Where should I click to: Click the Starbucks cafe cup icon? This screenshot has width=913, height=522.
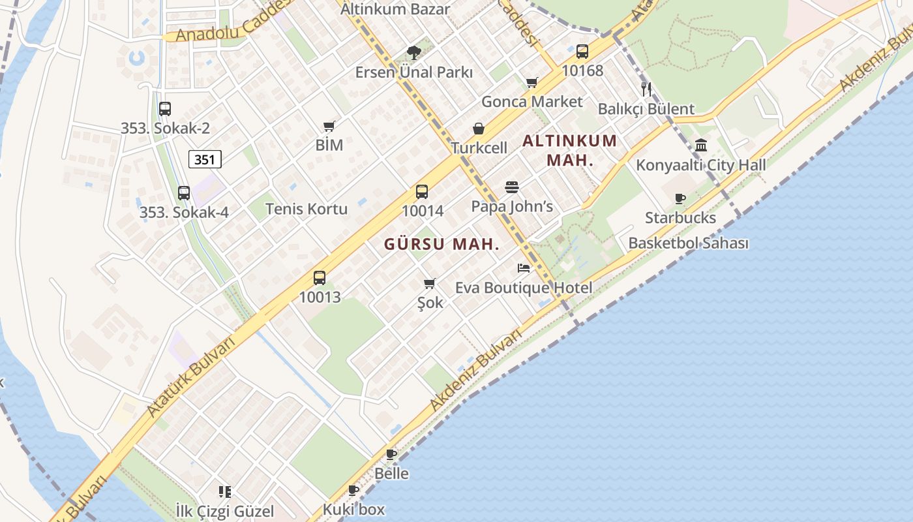(680, 198)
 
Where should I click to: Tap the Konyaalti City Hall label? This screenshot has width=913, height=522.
(700, 165)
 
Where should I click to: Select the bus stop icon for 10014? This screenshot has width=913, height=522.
(422, 192)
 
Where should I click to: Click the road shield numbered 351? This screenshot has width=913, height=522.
(205, 159)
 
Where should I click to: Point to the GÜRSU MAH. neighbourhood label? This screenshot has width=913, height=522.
(442, 245)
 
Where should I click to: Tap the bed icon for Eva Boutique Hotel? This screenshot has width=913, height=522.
(524, 268)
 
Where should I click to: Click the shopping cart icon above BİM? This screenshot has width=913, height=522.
(329, 126)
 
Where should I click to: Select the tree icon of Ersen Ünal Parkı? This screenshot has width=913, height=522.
(413, 53)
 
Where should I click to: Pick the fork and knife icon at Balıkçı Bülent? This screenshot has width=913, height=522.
(646, 89)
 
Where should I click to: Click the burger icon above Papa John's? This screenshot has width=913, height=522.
(512, 187)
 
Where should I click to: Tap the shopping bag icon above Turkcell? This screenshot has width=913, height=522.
(479, 129)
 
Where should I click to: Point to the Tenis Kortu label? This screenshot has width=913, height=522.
(307, 209)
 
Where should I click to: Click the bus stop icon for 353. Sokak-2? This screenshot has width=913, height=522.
(165, 109)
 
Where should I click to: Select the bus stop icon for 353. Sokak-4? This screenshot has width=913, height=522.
(184, 193)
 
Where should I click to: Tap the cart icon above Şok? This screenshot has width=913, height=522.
(430, 283)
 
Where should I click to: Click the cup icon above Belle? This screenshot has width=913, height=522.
(391, 454)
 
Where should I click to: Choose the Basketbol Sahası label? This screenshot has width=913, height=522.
(688, 243)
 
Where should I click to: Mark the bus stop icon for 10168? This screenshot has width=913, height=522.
(582, 52)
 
